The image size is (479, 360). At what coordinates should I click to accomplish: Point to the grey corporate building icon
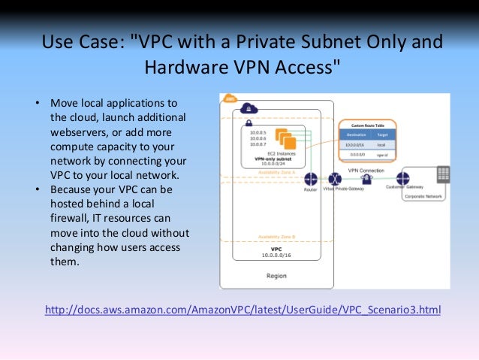442,174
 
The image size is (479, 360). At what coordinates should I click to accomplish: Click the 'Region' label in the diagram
276,276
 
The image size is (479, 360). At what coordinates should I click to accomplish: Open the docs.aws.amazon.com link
243,310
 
